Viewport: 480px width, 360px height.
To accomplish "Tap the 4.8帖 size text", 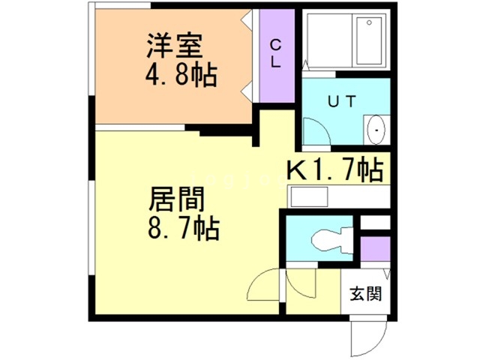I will click(x=180, y=76).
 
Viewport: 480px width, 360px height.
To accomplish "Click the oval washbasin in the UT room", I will click(x=376, y=130).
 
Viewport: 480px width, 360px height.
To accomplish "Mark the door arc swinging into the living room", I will click(x=264, y=288).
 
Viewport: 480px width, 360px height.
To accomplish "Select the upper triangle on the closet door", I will click(x=246, y=23).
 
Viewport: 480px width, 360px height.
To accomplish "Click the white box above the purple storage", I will click(x=374, y=222).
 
